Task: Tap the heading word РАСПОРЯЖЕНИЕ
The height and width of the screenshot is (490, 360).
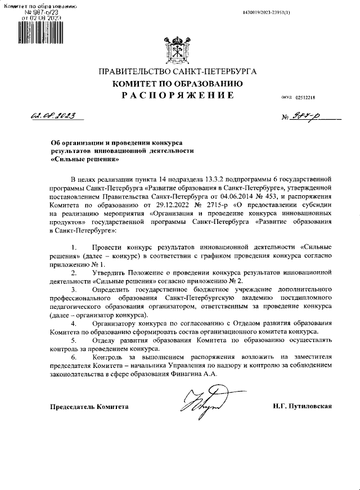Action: click(x=178, y=96)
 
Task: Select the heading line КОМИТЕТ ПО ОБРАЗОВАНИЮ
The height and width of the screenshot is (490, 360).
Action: click(x=178, y=84)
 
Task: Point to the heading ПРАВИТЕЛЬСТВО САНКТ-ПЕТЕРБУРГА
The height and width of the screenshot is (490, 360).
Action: click(x=178, y=72)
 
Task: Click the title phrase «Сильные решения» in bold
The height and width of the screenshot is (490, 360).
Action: click(x=77, y=159)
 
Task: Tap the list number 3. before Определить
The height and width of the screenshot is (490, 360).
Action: click(x=74, y=289)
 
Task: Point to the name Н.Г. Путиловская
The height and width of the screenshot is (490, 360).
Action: click(x=302, y=406)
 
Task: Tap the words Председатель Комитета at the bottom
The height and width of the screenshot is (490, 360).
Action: click(x=89, y=406)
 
